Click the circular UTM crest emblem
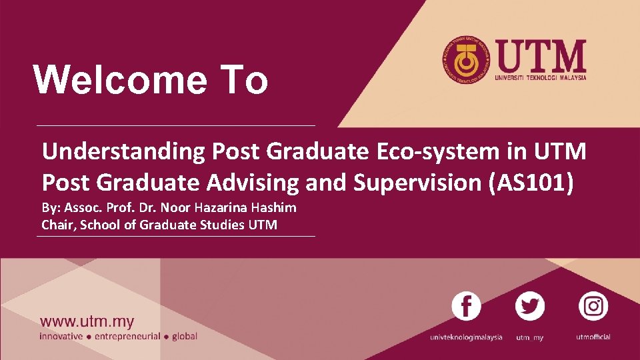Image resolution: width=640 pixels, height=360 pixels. (x=465, y=59)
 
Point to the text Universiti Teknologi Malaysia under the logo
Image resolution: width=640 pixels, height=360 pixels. (x=541, y=77)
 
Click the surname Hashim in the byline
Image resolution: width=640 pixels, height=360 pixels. (x=276, y=207)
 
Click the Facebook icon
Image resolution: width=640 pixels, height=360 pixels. (x=466, y=307)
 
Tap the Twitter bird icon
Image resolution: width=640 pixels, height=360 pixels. (x=530, y=307)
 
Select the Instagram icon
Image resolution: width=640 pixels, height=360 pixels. (x=593, y=307)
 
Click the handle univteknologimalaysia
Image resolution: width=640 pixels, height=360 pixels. (x=466, y=337)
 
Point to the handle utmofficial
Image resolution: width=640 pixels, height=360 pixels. (x=593, y=337)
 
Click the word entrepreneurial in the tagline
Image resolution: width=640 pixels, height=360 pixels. (x=127, y=337)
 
